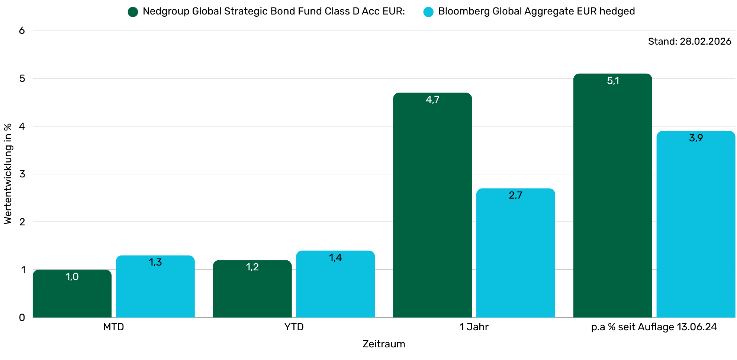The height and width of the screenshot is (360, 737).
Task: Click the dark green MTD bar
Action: pos(72,296)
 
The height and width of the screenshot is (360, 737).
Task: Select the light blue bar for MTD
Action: pos(155,288)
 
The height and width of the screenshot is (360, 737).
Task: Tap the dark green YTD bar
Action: pos(252,290)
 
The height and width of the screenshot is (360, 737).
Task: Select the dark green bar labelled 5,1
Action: pos(612,197)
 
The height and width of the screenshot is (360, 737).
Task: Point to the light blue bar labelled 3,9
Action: pos(696,227)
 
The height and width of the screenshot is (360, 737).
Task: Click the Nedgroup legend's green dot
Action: pos(133,12)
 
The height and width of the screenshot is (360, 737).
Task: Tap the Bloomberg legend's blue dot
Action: pos(428,12)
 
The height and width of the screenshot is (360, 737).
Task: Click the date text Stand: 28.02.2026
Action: pos(689,41)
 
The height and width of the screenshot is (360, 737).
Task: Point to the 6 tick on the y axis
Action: pos(22,30)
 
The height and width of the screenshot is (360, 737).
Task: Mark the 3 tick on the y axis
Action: pos(22,174)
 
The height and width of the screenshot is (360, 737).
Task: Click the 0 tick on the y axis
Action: pos(22,318)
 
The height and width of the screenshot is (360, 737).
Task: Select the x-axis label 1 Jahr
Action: pos(474,327)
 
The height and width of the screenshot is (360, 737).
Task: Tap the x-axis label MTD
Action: pos(113,327)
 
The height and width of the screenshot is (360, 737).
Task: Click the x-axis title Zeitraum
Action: pos(384,344)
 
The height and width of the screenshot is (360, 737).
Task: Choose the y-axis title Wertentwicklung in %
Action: pos(8,174)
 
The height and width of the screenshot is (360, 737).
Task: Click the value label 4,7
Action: pos(432,100)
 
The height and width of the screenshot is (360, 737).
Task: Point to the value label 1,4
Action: pos(335,258)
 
